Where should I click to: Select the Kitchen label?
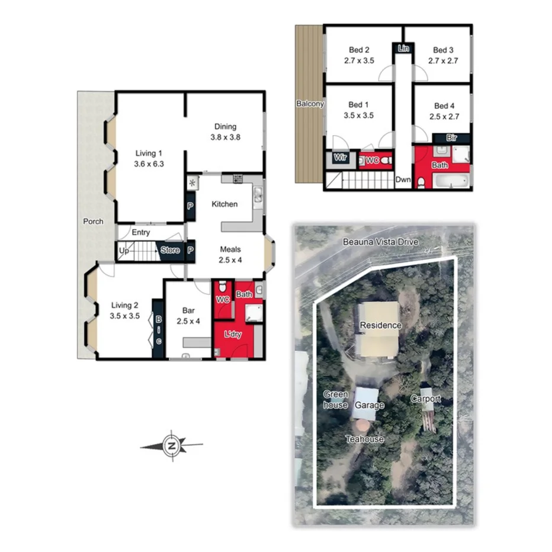point(224,204)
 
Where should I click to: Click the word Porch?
point(93,222)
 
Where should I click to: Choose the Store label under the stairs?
point(170,251)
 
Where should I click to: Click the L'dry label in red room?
point(232,335)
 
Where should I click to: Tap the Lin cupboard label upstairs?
point(403,48)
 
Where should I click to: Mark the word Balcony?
point(310,104)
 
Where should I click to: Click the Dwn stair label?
point(403,179)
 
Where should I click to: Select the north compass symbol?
point(172,445)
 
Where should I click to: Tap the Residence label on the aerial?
point(380,325)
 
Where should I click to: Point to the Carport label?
point(426,399)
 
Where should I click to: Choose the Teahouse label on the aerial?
point(365,439)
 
